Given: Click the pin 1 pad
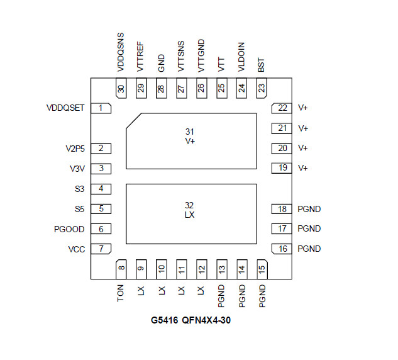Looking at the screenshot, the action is pyautogui.click(x=101, y=108).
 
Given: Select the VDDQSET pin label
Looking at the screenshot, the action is pyautogui.click(x=65, y=108).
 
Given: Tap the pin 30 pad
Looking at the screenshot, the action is pyautogui.click(x=121, y=88).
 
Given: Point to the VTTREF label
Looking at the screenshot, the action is pyautogui.click(x=140, y=57).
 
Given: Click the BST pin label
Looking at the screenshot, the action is pyautogui.click(x=261, y=65).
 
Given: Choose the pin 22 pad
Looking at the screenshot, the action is pyautogui.click(x=282, y=108).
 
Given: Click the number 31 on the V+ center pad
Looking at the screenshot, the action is pyautogui.click(x=190, y=132).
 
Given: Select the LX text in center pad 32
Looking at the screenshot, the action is pyautogui.click(x=190, y=215).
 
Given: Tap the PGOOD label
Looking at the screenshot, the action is pyautogui.click(x=69, y=230).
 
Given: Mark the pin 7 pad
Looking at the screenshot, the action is pyautogui.click(x=101, y=249).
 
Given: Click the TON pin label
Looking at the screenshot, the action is pyautogui.click(x=120, y=293).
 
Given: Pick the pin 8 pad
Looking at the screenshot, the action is pyautogui.click(x=121, y=269).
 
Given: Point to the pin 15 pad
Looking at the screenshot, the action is pyautogui.click(x=262, y=269).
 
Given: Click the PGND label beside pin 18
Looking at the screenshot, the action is pyautogui.click(x=309, y=209).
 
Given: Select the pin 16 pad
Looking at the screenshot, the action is pyautogui.click(x=282, y=249).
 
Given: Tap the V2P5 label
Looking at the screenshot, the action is pyautogui.click(x=75, y=149).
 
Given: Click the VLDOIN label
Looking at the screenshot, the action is pyautogui.click(x=241, y=57).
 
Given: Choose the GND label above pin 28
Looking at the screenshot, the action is pyautogui.click(x=161, y=63).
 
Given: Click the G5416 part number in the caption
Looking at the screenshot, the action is pyautogui.click(x=165, y=320).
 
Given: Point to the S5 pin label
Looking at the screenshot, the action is pyautogui.click(x=79, y=210).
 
